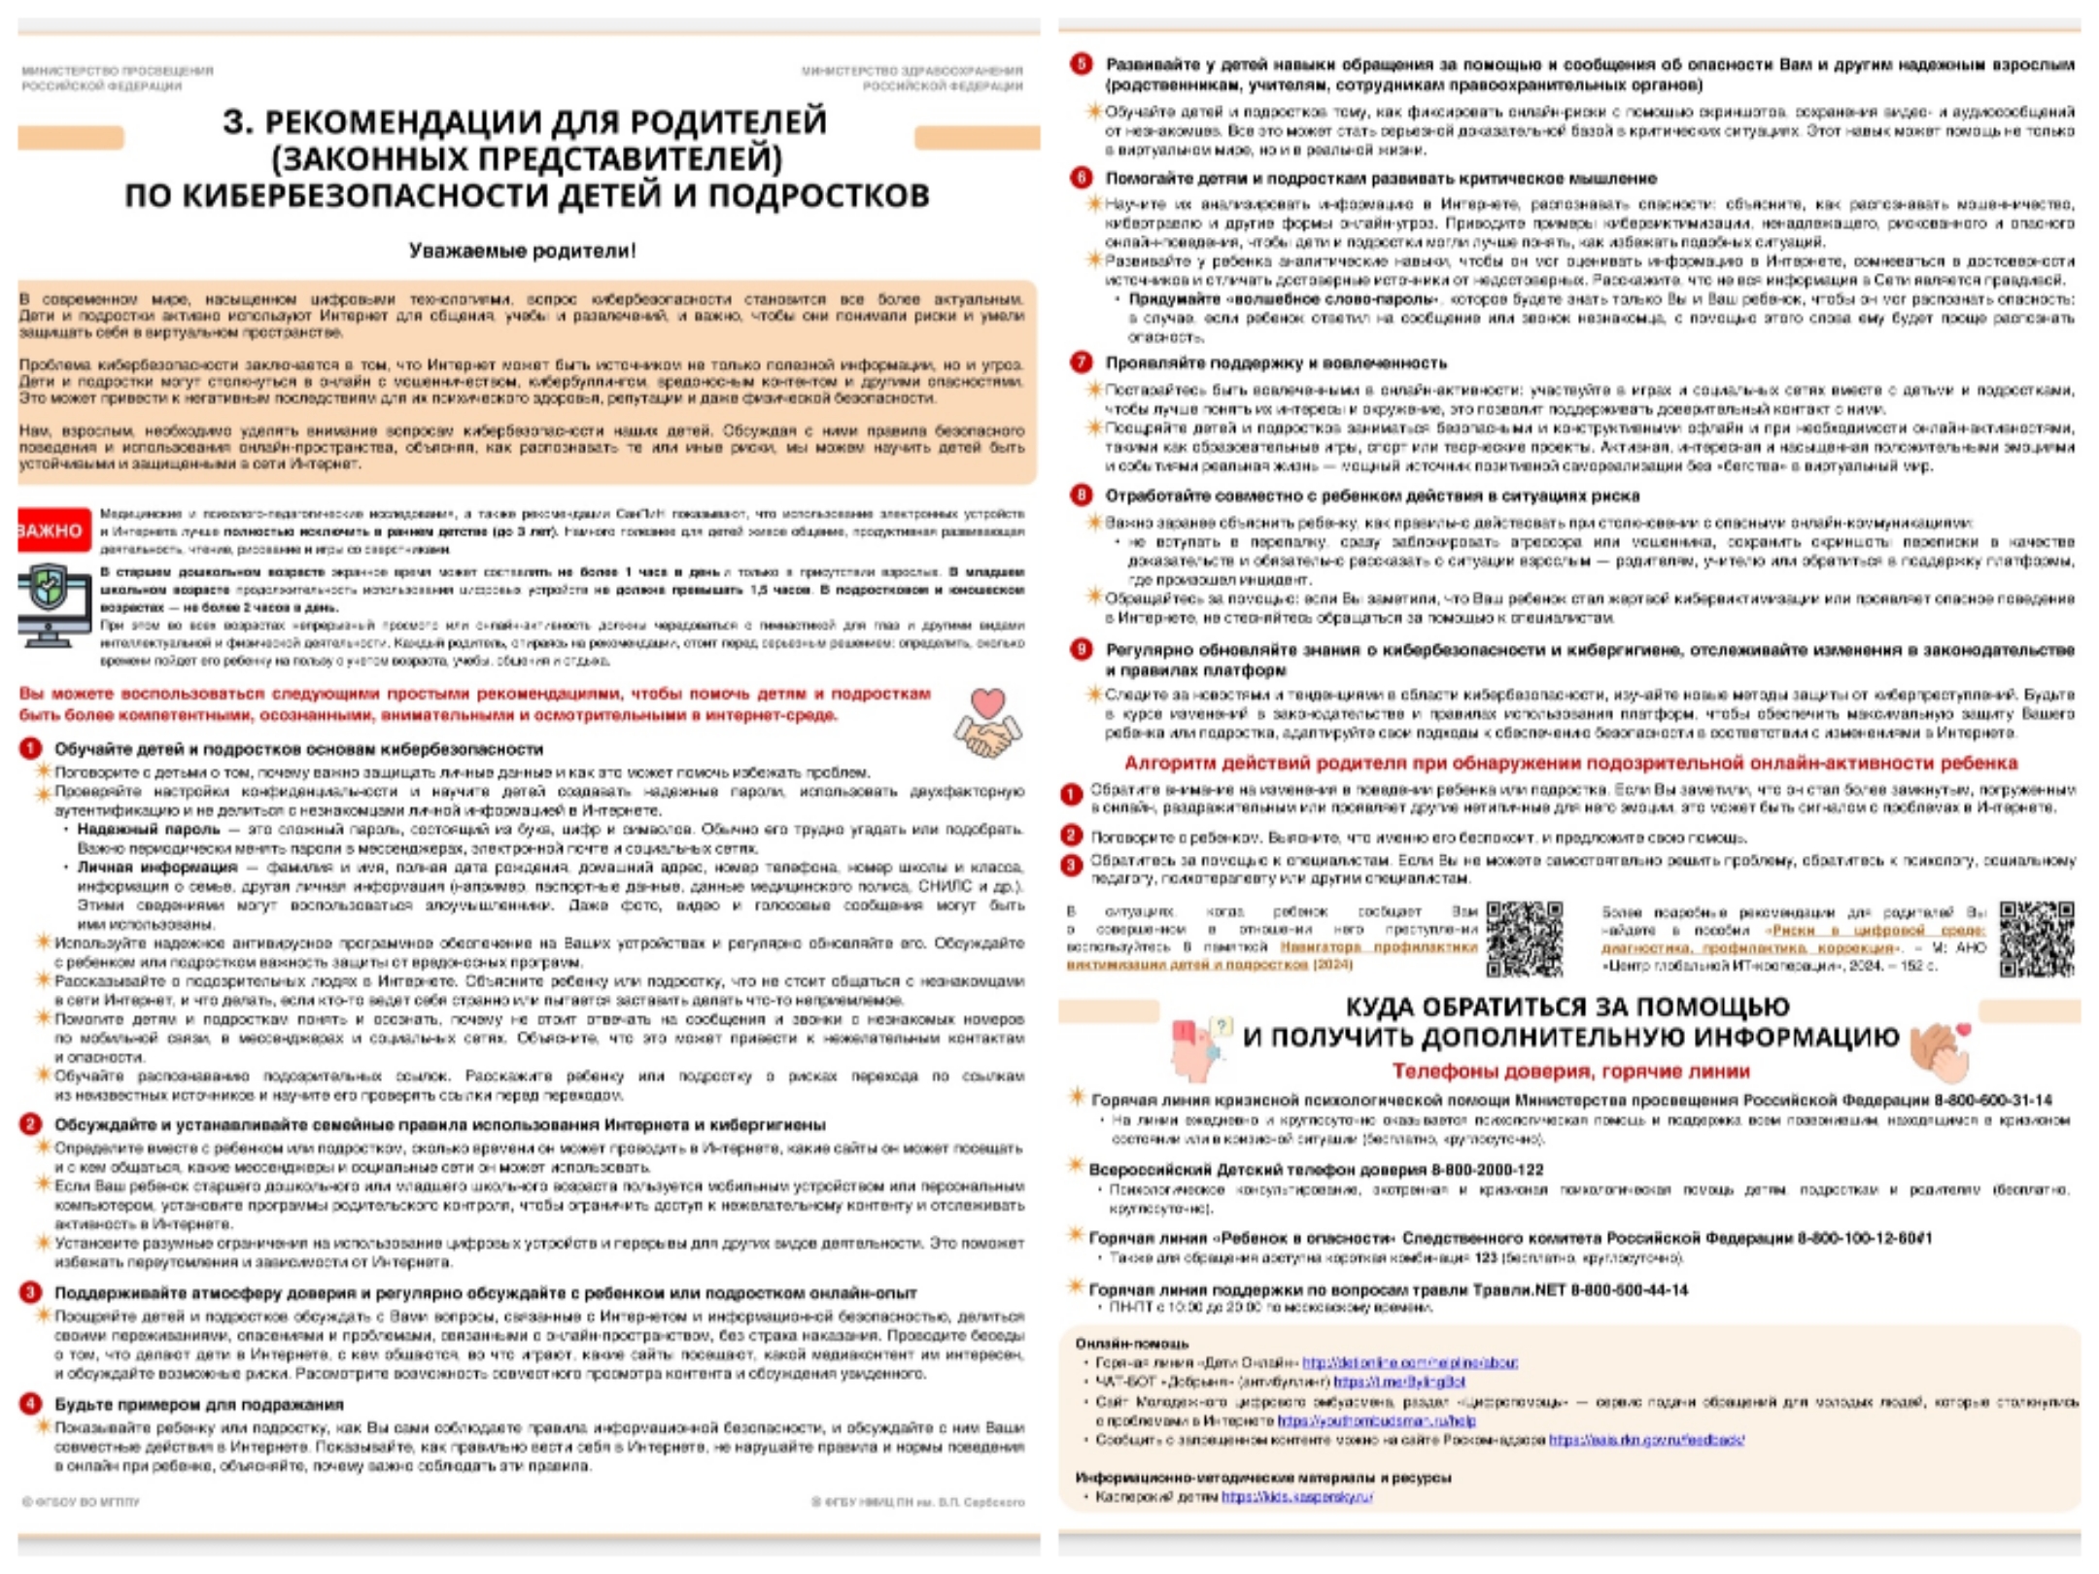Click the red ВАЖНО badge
[52, 530]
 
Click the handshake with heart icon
[987, 725]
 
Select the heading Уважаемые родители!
[522, 251]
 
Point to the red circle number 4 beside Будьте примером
[31, 1404]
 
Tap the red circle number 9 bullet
[1081, 649]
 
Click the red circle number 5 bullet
[1081, 64]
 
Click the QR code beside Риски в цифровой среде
[2037, 938]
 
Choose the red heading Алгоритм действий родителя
[1570, 763]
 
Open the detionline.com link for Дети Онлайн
[1409, 1362]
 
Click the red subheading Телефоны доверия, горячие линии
[1570, 1071]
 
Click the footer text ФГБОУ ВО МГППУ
[82, 1502]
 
